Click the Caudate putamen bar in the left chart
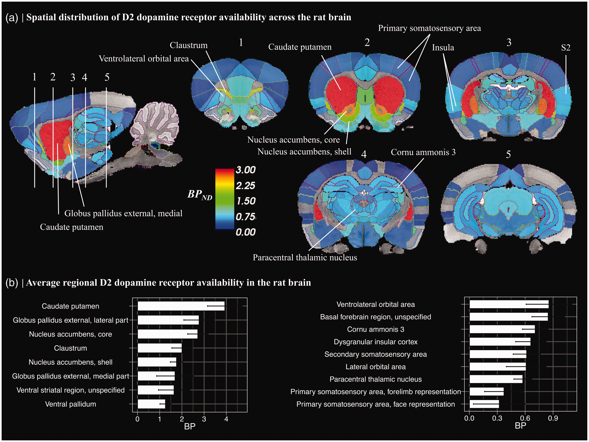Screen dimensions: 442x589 [181, 306]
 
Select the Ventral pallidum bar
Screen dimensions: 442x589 [151, 404]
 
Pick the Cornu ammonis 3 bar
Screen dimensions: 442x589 [502, 329]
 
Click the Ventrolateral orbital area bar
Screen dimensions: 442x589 [509, 304]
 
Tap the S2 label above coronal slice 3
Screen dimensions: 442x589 [566, 48]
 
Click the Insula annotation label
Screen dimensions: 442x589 [443, 48]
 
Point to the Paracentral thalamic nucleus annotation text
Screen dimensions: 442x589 [305, 257]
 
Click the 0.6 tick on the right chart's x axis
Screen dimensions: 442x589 [525, 418]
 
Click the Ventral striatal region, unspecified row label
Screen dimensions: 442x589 [71, 390]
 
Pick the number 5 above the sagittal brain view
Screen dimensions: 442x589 [107, 77]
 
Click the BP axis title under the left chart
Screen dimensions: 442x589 [190, 427]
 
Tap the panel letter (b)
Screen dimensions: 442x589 [12, 283]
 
